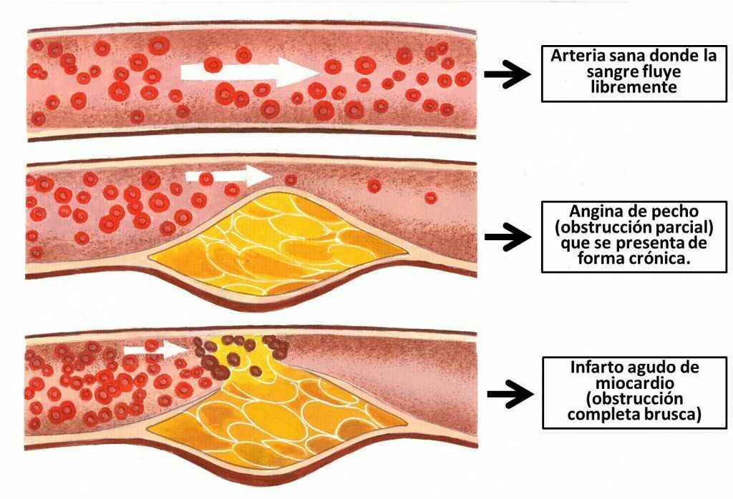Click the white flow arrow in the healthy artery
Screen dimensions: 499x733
[x=247, y=71]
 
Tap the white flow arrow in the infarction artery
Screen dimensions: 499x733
[x=155, y=350]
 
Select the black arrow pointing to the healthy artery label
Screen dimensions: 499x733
[x=506, y=74]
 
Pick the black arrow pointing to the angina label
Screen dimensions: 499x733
[x=506, y=237]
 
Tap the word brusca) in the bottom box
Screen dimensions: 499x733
[x=672, y=414]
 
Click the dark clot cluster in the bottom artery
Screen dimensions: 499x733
[x=215, y=357]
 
